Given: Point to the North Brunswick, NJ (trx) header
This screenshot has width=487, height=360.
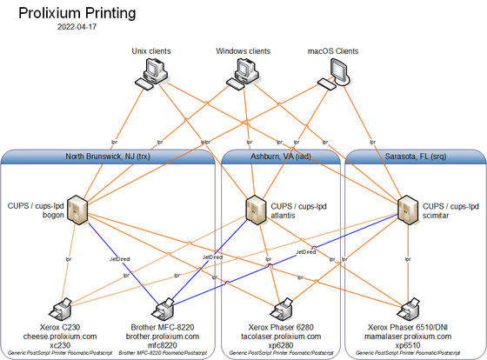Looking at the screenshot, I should (x=109, y=157).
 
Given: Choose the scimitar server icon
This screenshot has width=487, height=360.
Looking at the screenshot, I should (x=405, y=209).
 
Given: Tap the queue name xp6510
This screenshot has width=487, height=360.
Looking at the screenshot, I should (x=407, y=344).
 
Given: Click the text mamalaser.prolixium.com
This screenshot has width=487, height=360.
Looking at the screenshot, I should (x=407, y=335).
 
